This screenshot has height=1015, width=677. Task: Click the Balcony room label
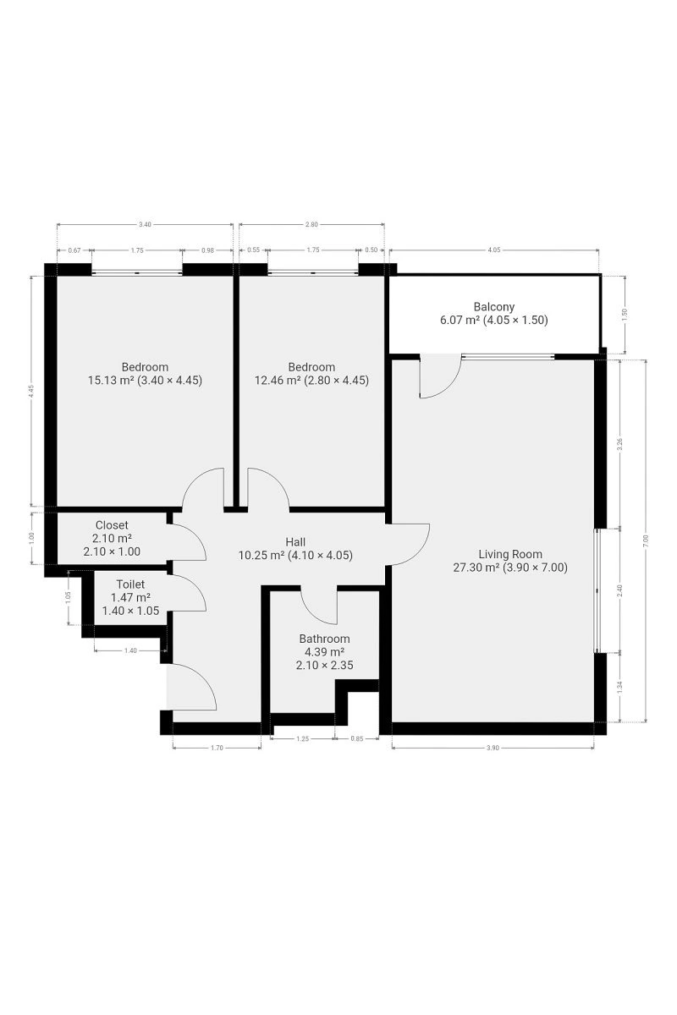[494, 307]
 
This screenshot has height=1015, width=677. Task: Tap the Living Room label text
[510, 554]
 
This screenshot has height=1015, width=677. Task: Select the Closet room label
[112, 525]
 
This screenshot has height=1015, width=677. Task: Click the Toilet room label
[130, 584]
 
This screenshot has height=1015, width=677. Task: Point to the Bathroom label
[324, 639]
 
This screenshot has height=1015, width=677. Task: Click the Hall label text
[295, 542]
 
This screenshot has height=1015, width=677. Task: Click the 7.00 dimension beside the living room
[647, 540]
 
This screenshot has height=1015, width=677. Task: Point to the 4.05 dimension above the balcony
[494, 250]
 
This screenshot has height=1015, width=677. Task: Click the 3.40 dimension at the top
[145, 224]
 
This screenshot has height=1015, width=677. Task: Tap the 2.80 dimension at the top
[311, 224]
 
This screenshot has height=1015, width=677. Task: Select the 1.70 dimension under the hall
[217, 748]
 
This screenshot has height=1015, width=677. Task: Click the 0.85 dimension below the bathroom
[357, 738]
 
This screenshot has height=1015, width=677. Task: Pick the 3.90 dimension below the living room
[493, 748]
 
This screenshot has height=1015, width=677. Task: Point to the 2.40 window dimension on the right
[619, 590]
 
